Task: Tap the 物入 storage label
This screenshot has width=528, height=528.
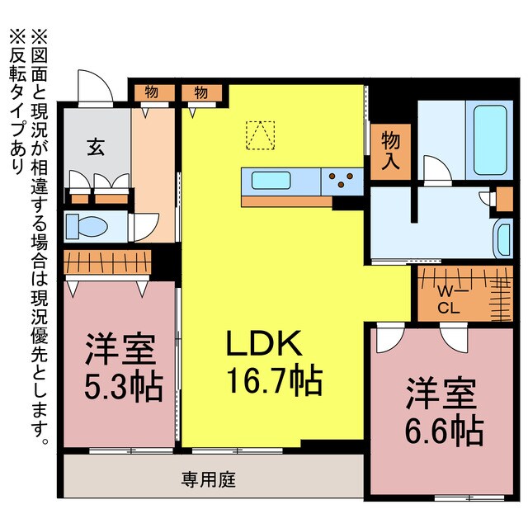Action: pyautogui.click(x=391, y=151)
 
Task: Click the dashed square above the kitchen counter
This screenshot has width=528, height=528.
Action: pyautogui.click(x=260, y=135)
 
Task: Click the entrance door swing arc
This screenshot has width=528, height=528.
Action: pyautogui.click(x=92, y=86)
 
